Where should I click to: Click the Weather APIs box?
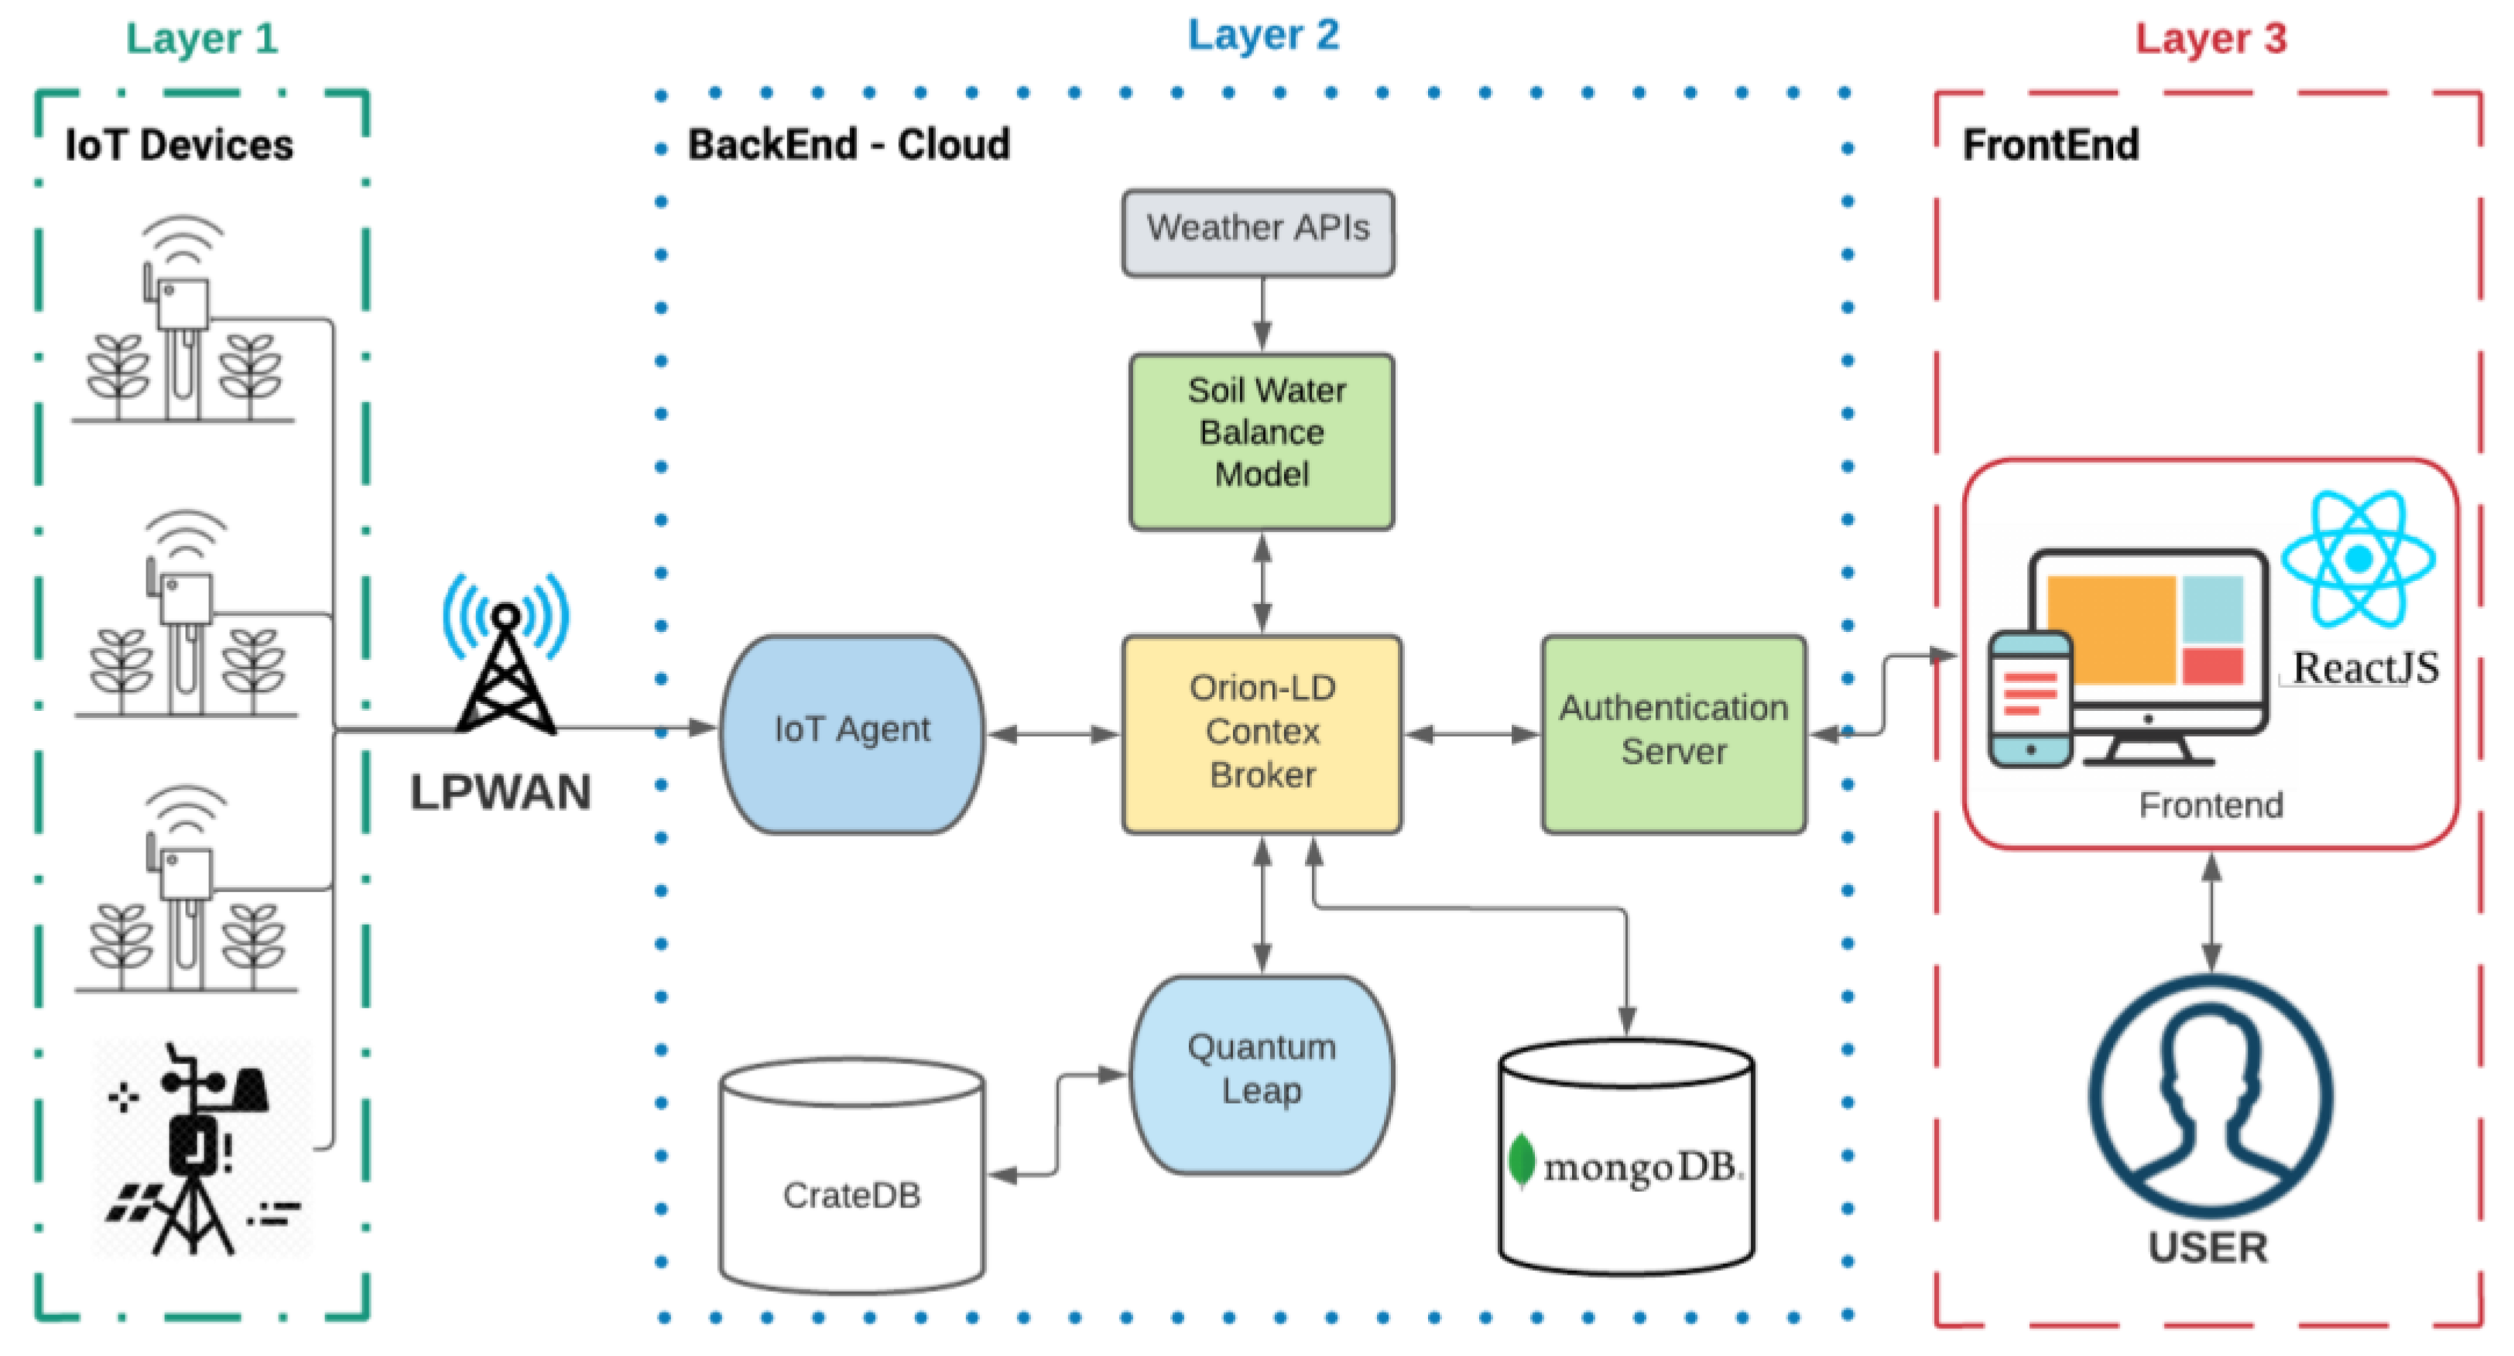pyautogui.click(x=1257, y=232)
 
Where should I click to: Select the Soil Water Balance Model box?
pyautogui.click(x=1261, y=441)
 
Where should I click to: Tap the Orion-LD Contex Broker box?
pyautogui.click(x=1261, y=733)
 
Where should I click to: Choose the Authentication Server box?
pyautogui.click(x=1673, y=733)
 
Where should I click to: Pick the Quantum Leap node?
pyautogui.click(x=1261, y=1073)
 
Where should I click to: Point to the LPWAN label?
pyautogui.click(x=500, y=792)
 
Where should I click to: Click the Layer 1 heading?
pyautogui.click(x=202, y=39)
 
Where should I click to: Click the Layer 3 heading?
pyautogui.click(x=2210, y=39)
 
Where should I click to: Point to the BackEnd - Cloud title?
pyautogui.click(x=848, y=145)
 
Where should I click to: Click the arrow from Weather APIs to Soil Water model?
pyautogui.click(x=1262, y=314)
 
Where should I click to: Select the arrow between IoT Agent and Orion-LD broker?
pyautogui.click(x=1052, y=733)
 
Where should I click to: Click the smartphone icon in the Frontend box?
pyautogui.click(x=2030, y=698)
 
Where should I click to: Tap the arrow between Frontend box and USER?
pyautogui.click(x=2211, y=911)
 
